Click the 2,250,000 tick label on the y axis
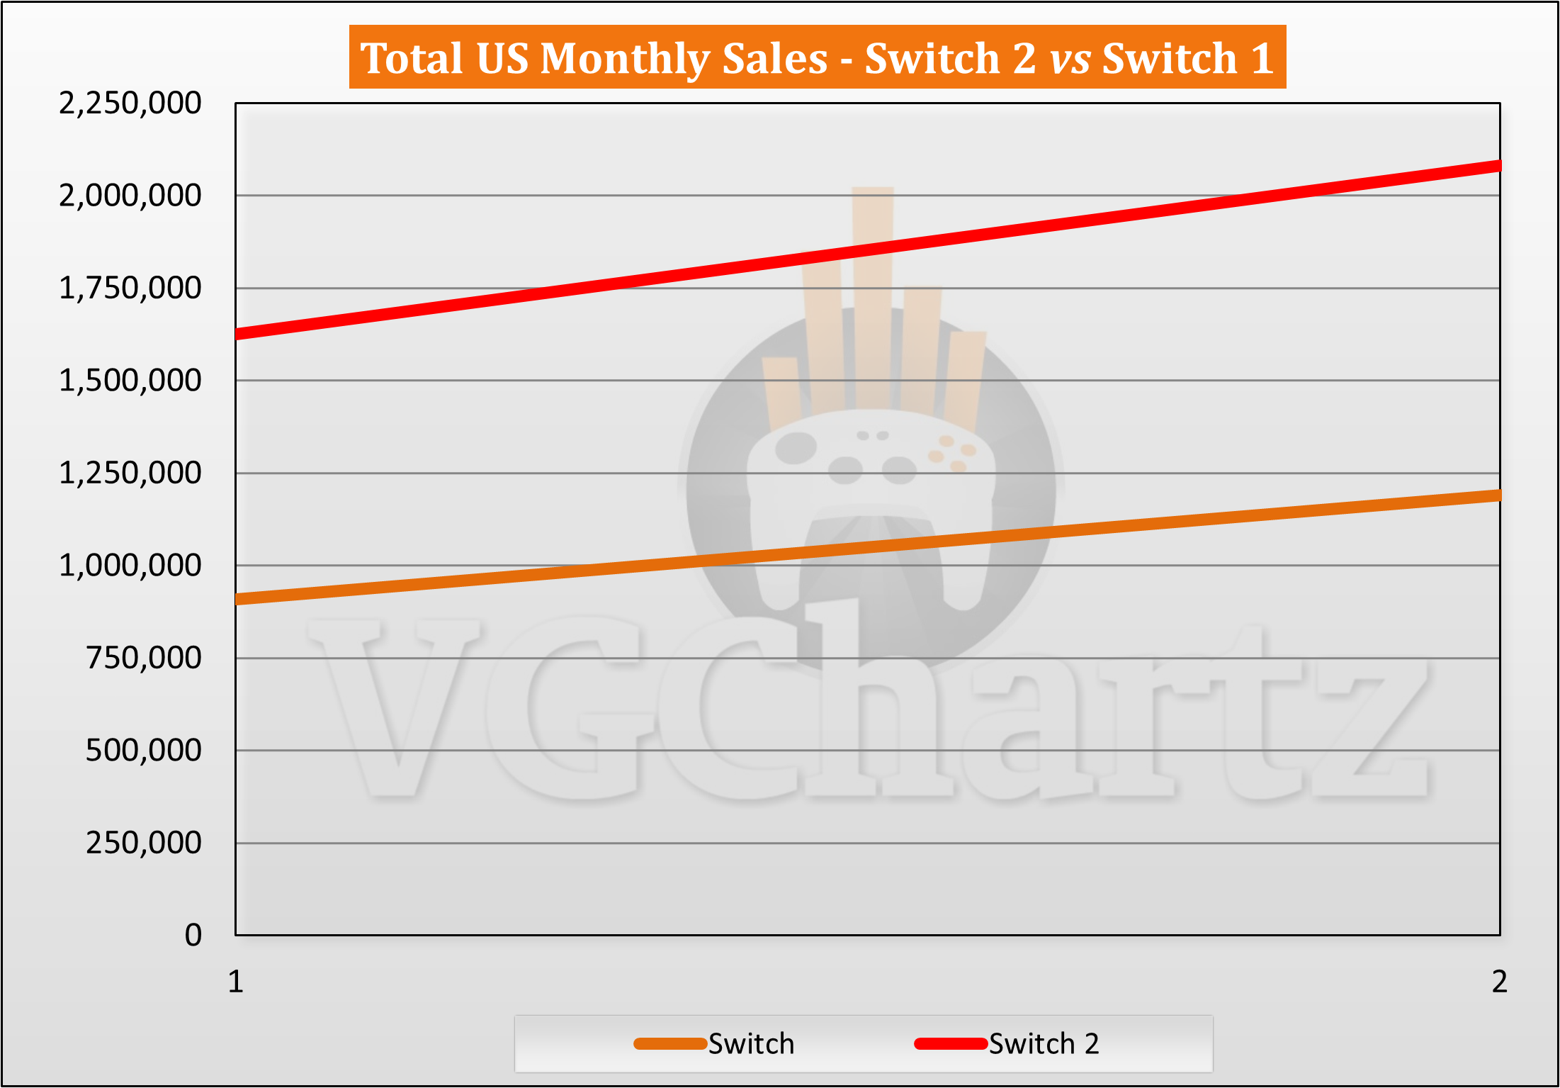(x=130, y=103)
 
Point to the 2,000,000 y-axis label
(x=130, y=196)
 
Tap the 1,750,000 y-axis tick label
(x=130, y=288)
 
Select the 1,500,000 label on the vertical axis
(x=130, y=381)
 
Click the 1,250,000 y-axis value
(x=130, y=473)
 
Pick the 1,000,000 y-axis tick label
(x=130, y=566)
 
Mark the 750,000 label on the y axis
(x=143, y=658)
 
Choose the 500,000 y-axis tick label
(x=143, y=750)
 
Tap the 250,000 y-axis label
(x=143, y=843)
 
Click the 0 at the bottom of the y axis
(x=193, y=936)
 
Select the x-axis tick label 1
(x=236, y=982)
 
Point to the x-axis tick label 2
(x=1499, y=982)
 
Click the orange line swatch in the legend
(x=670, y=1043)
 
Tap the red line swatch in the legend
(x=951, y=1043)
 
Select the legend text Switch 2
(x=1044, y=1044)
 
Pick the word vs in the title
(x=1070, y=58)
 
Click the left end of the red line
(x=237, y=334)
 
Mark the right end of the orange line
(x=1498, y=495)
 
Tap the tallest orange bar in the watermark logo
(x=873, y=298)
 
